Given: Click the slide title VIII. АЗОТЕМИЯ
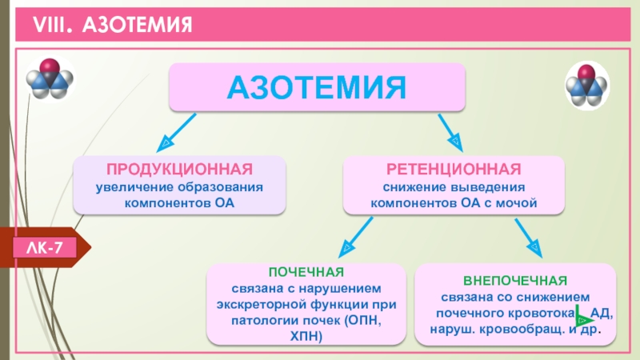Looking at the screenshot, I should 112,27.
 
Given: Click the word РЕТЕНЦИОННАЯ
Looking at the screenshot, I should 454,170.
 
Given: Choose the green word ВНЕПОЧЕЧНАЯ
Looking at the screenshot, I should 515,280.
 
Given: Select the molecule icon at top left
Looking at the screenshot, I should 50,78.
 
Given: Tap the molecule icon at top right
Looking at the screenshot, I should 587,83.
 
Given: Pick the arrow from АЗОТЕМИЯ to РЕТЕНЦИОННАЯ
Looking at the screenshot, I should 449,130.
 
